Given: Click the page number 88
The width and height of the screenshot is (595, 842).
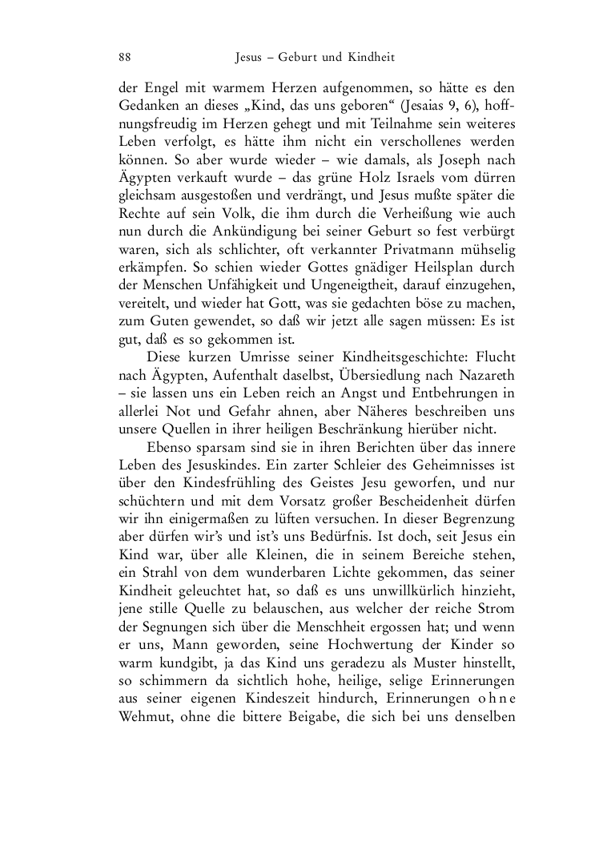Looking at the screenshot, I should pyautogui.click(x=124, y=58).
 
